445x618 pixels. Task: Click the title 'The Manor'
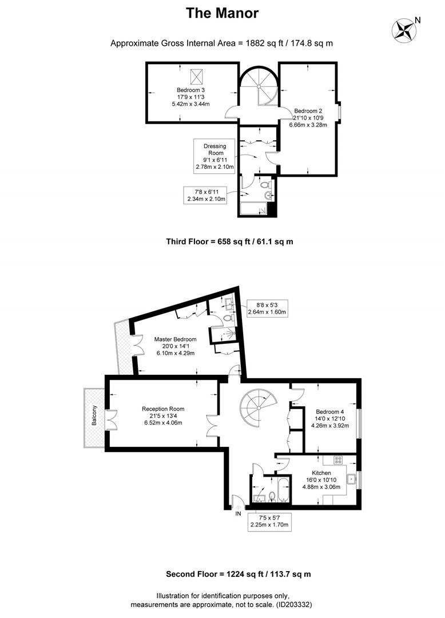[x=222, y=13]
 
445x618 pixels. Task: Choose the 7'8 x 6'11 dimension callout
[x=205, y=195]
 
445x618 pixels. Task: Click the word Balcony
[x=94, y=415]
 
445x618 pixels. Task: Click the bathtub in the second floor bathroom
[x=284, y=489]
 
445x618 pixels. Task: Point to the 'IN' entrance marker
[x=239, y=514]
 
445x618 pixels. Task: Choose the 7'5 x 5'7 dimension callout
[x=269, y=521]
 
